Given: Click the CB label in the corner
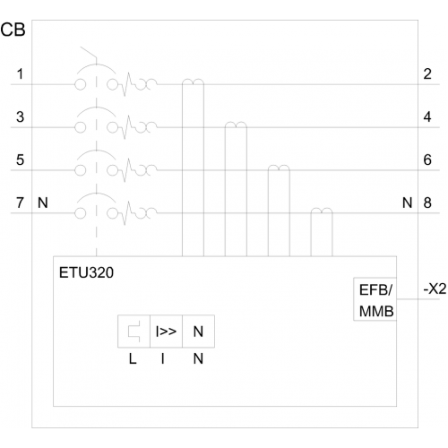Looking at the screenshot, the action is coord(13,30).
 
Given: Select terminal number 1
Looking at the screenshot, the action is coord(20,73).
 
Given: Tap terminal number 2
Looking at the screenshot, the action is coord(427,73).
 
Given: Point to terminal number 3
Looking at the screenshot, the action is coord(20,116).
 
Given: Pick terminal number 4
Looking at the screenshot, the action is coord(427,116).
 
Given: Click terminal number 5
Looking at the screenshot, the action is coord(20,159).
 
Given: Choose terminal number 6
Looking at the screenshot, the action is coord(427,159).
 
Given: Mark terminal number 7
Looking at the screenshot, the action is coord(20,202).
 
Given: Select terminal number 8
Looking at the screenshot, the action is coord(427,202).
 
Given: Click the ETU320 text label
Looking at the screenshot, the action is coord(86,272).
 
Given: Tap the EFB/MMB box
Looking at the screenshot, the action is coord(375,299).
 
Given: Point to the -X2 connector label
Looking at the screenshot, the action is coord(435,289).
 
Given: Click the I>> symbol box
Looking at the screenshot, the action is coord(166,332).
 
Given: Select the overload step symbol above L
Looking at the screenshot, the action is coord(134,332).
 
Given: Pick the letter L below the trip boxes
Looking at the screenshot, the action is coord(133,358).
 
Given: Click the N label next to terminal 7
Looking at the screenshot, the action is coord(43,202).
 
